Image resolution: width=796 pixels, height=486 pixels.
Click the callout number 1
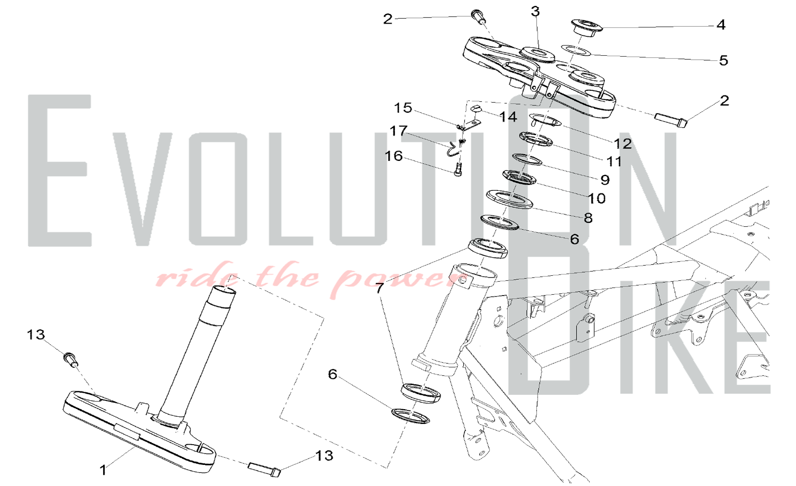(103, 470)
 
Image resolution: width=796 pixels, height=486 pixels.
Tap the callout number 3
(535, 12)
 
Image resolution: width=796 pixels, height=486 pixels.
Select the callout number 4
(721, 25)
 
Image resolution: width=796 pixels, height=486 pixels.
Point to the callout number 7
(380, 288)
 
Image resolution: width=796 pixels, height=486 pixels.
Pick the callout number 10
(596, 198)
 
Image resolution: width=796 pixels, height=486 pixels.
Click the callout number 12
(623, 143)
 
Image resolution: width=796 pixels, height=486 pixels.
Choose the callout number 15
(403, 108)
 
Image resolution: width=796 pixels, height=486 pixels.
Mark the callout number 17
(398, 131)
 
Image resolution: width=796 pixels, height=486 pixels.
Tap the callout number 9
(605, 180)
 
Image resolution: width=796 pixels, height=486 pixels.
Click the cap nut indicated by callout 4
(587, 27)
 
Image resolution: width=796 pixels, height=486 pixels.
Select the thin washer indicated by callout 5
(576, 50)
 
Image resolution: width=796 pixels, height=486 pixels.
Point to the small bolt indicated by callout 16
(458, 170)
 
